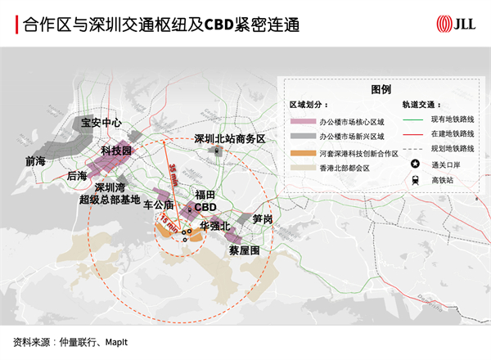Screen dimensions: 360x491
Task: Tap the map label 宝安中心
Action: [101, 123]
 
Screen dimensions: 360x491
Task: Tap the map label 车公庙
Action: [159, 205]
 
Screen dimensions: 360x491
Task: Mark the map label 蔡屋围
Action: [244, 250]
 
